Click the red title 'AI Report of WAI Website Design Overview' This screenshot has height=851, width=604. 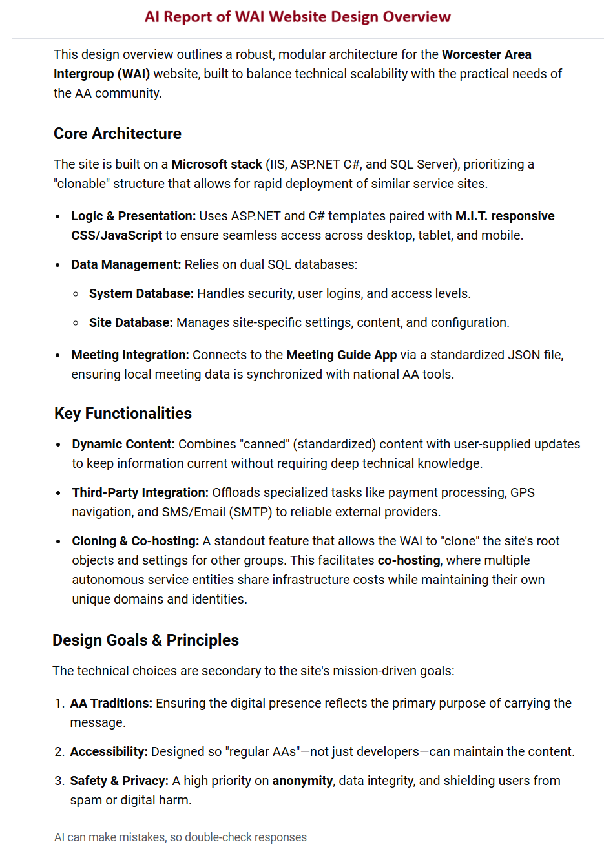point(297,17)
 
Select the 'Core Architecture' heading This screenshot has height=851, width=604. point(118,134)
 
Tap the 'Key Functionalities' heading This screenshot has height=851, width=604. point(123,414)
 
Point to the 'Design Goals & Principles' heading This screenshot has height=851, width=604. point(145,640)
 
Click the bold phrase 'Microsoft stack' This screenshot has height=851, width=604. point(216,164)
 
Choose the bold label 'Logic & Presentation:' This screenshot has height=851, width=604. point(133,216)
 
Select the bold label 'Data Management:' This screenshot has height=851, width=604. point(126,264)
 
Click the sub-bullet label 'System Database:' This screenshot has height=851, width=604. point(141,293)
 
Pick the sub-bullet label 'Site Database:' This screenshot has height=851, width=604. point(130,322)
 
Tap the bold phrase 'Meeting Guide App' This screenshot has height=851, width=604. point(341,355)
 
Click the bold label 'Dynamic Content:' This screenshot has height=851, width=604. point(123,444)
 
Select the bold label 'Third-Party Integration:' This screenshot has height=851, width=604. point(140,492)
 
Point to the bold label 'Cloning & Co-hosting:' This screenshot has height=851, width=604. point(135,541)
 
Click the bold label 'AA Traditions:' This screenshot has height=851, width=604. point(111,703)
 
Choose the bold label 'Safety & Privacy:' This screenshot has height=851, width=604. point(119,781)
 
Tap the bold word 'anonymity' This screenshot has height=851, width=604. point(302,781)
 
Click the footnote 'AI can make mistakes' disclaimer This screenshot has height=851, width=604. point(180,837)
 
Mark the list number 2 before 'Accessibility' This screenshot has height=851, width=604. point(59,751)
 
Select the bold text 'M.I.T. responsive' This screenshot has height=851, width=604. point(505,216)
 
